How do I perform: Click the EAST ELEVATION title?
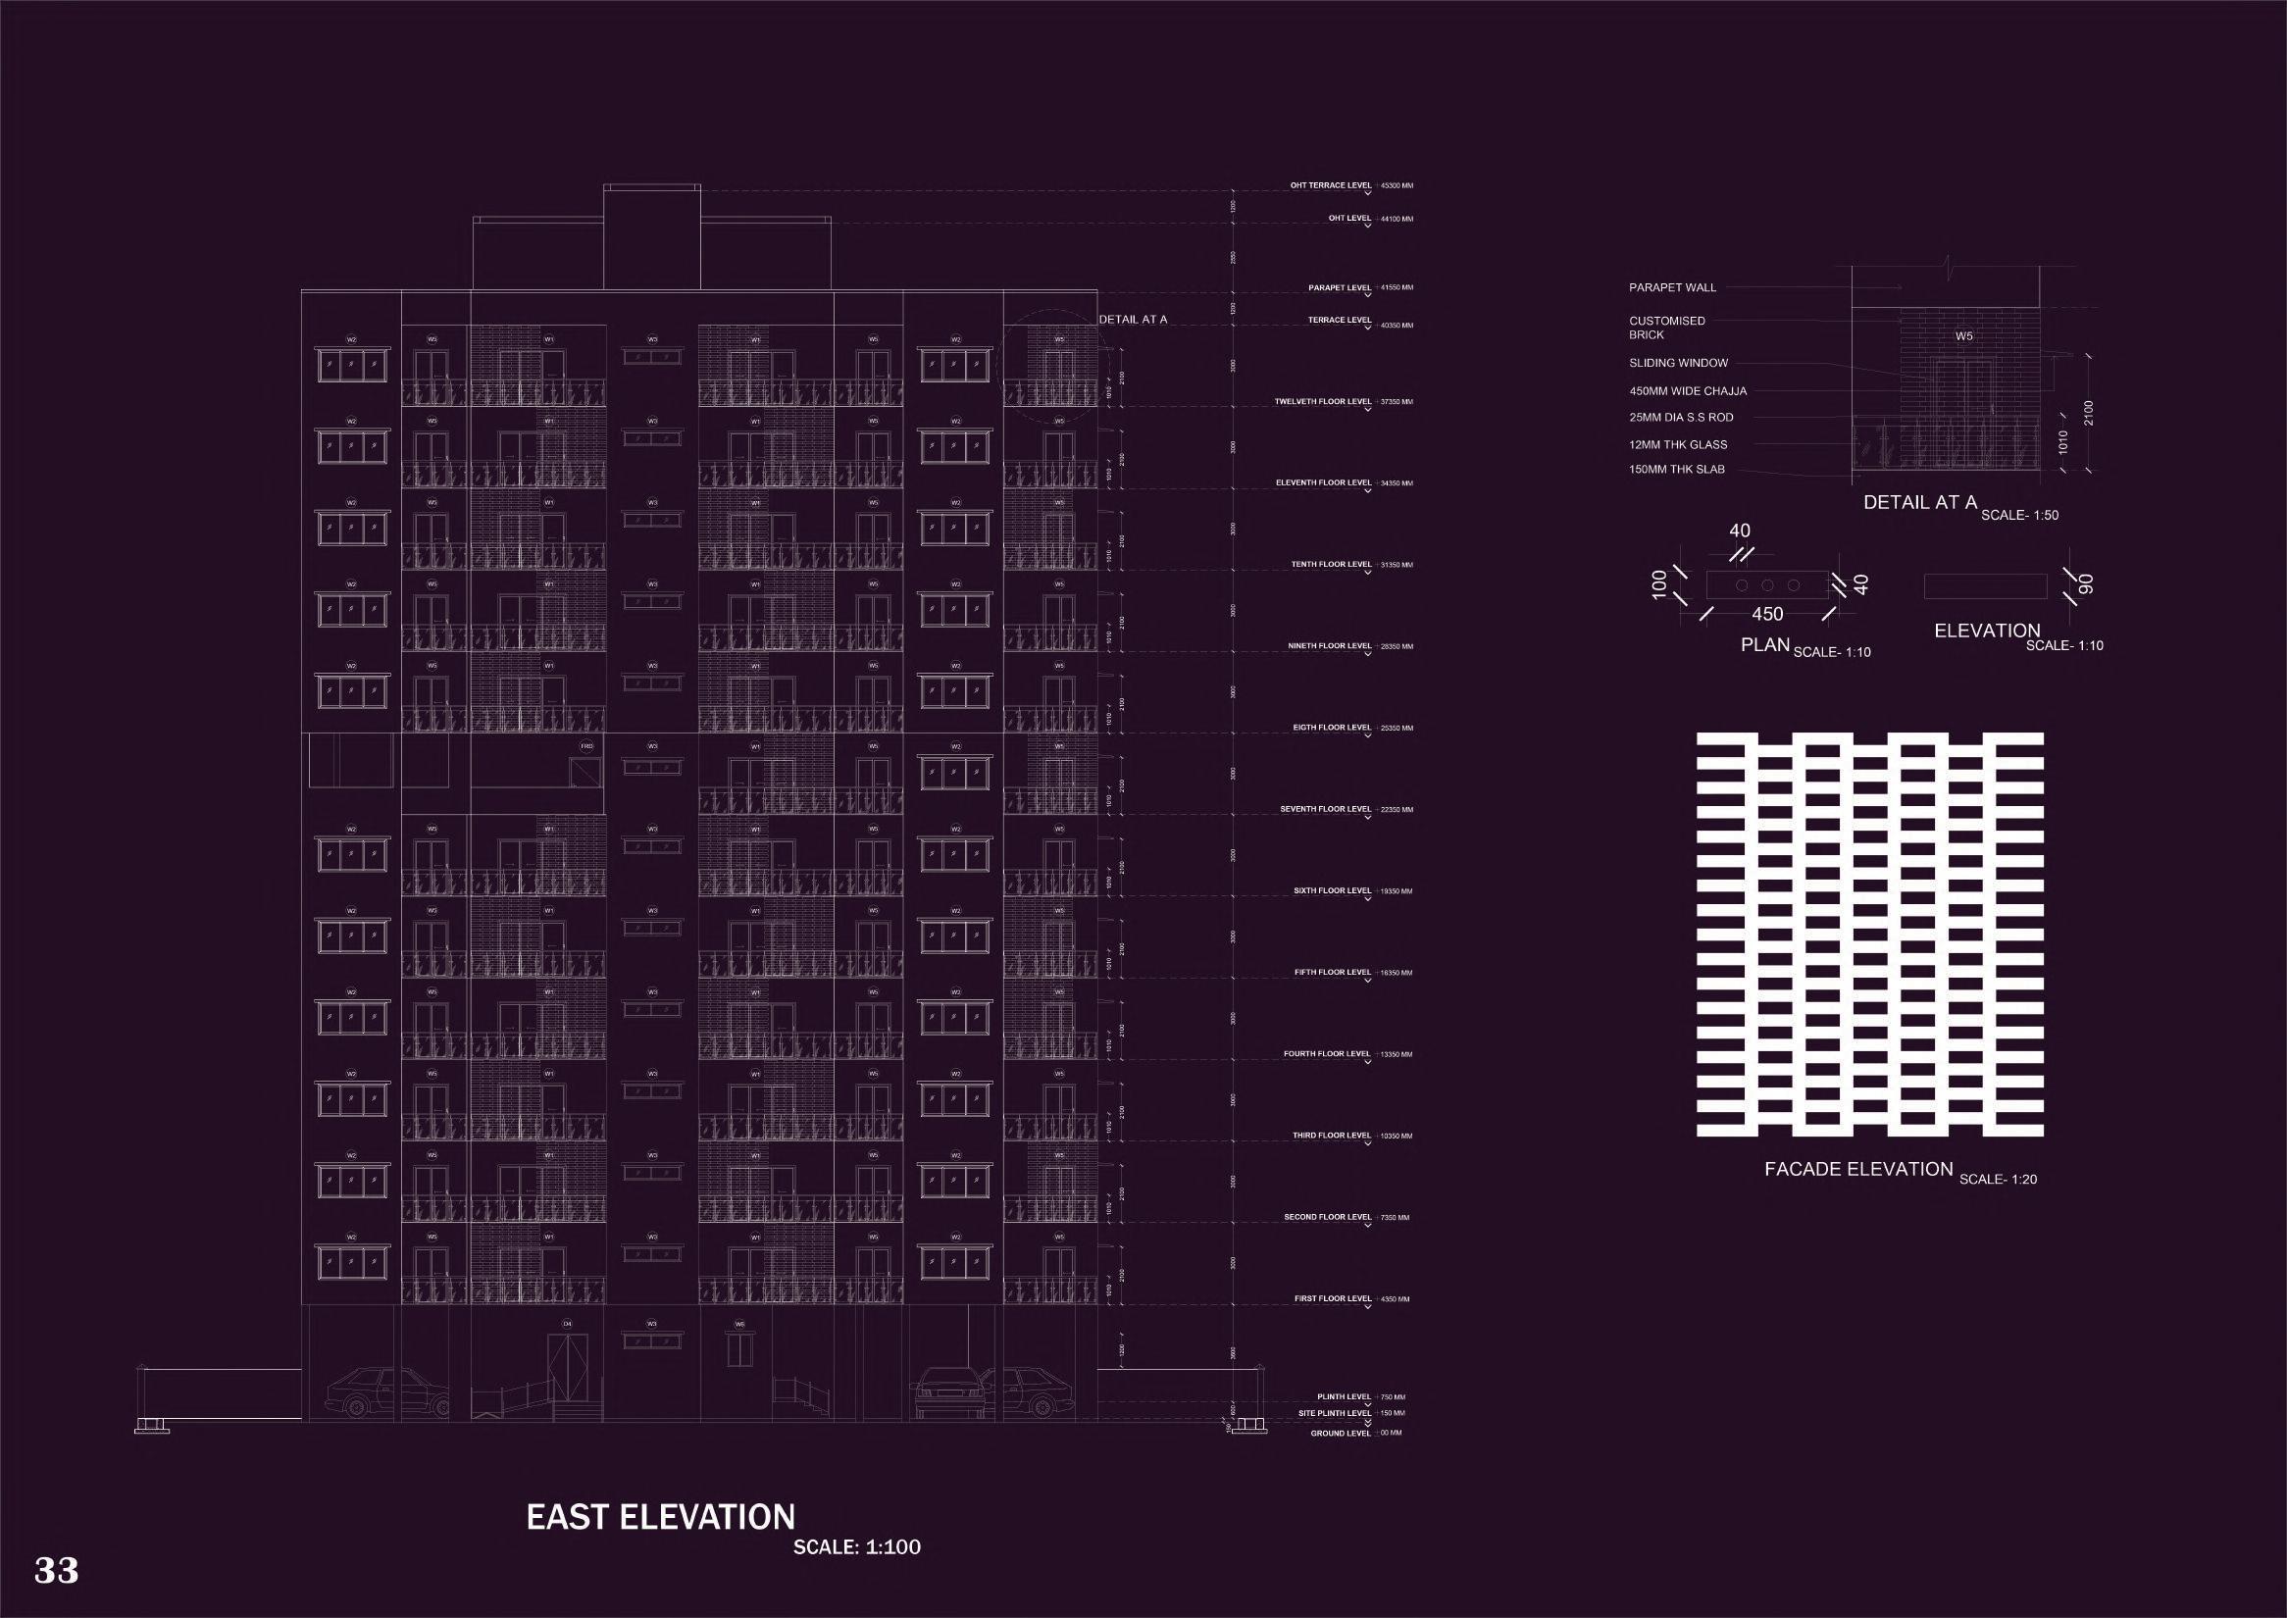tap(660, 1516)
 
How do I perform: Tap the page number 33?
tap(57, 1569)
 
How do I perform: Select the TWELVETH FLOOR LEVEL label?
tap(1322, 402)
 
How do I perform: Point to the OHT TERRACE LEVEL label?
tap(1331, 185)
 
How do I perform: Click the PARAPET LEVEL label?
tap(1340, 288)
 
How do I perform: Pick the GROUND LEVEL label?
tap(1341, 1434)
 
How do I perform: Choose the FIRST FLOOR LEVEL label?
tap(1333, 1299)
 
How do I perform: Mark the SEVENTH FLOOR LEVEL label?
tap(1325, 809)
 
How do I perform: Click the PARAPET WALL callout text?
tap(1672, 288)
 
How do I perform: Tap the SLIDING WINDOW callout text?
tap(1678, 364)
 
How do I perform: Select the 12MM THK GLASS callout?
tap(1678, 445)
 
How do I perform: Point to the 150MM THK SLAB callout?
tap(1676, 470)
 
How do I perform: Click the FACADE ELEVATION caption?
tap(1858, 1170)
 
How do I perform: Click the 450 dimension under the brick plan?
tap(1767, 615)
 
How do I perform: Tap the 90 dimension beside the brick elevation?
tap(2087, 584)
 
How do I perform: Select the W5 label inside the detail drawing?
tap(1963, 336)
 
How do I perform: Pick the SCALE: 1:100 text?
tap(856, 1547)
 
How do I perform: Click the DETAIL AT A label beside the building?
tap(1132, 320)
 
